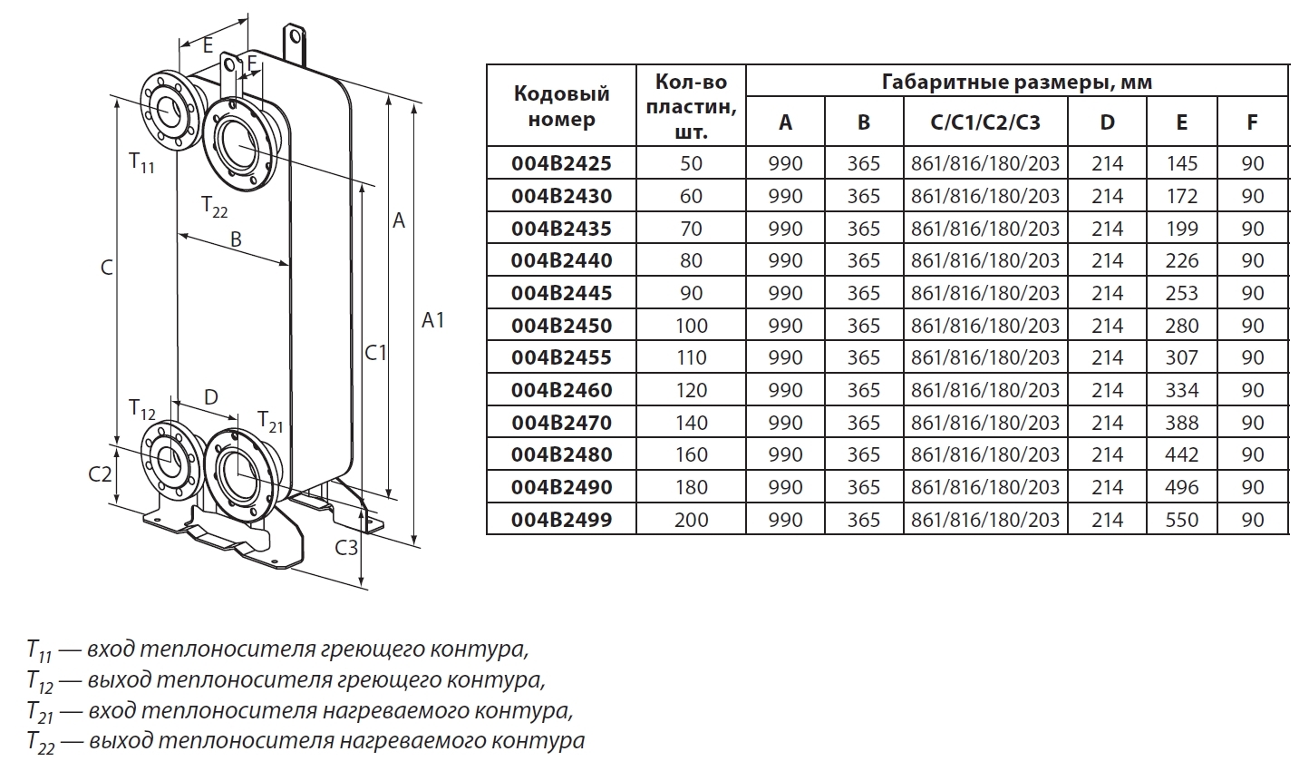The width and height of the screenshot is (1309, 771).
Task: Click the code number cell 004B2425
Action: [x=561, y=163]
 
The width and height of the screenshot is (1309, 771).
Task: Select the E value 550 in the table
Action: [x=1181, y=520]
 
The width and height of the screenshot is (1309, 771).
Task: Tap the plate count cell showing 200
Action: [x=691, y=520]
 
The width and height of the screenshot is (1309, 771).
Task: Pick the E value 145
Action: [x=1181, y=163]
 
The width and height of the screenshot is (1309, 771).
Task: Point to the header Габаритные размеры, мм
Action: [x=1016, y=83]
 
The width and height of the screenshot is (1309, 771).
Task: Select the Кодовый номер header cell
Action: [x=561, y=106]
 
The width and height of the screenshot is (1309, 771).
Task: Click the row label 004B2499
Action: [x=561, y=520]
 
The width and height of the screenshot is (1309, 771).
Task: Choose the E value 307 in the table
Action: [x=1181, y=357]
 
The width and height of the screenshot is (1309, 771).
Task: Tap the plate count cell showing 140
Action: [x=691, y=423]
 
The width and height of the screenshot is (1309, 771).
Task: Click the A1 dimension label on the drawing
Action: [x=433, y=320]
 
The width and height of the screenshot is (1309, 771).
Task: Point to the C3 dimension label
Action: [x=347, y=548]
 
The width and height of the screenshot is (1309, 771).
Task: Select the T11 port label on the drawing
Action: [x=141, y=164]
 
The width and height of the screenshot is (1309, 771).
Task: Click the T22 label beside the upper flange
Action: [x=215, y=205]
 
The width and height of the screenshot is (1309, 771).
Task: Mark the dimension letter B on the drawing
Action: [x=235, y=240]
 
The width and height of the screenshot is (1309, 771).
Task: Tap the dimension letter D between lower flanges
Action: [x=211, y=397]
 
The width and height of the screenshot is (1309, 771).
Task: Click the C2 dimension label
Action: [x=100, y=473]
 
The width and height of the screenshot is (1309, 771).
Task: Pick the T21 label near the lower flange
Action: [x=270, y=421]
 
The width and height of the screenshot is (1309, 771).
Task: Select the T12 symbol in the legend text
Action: [x=41, y=680]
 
